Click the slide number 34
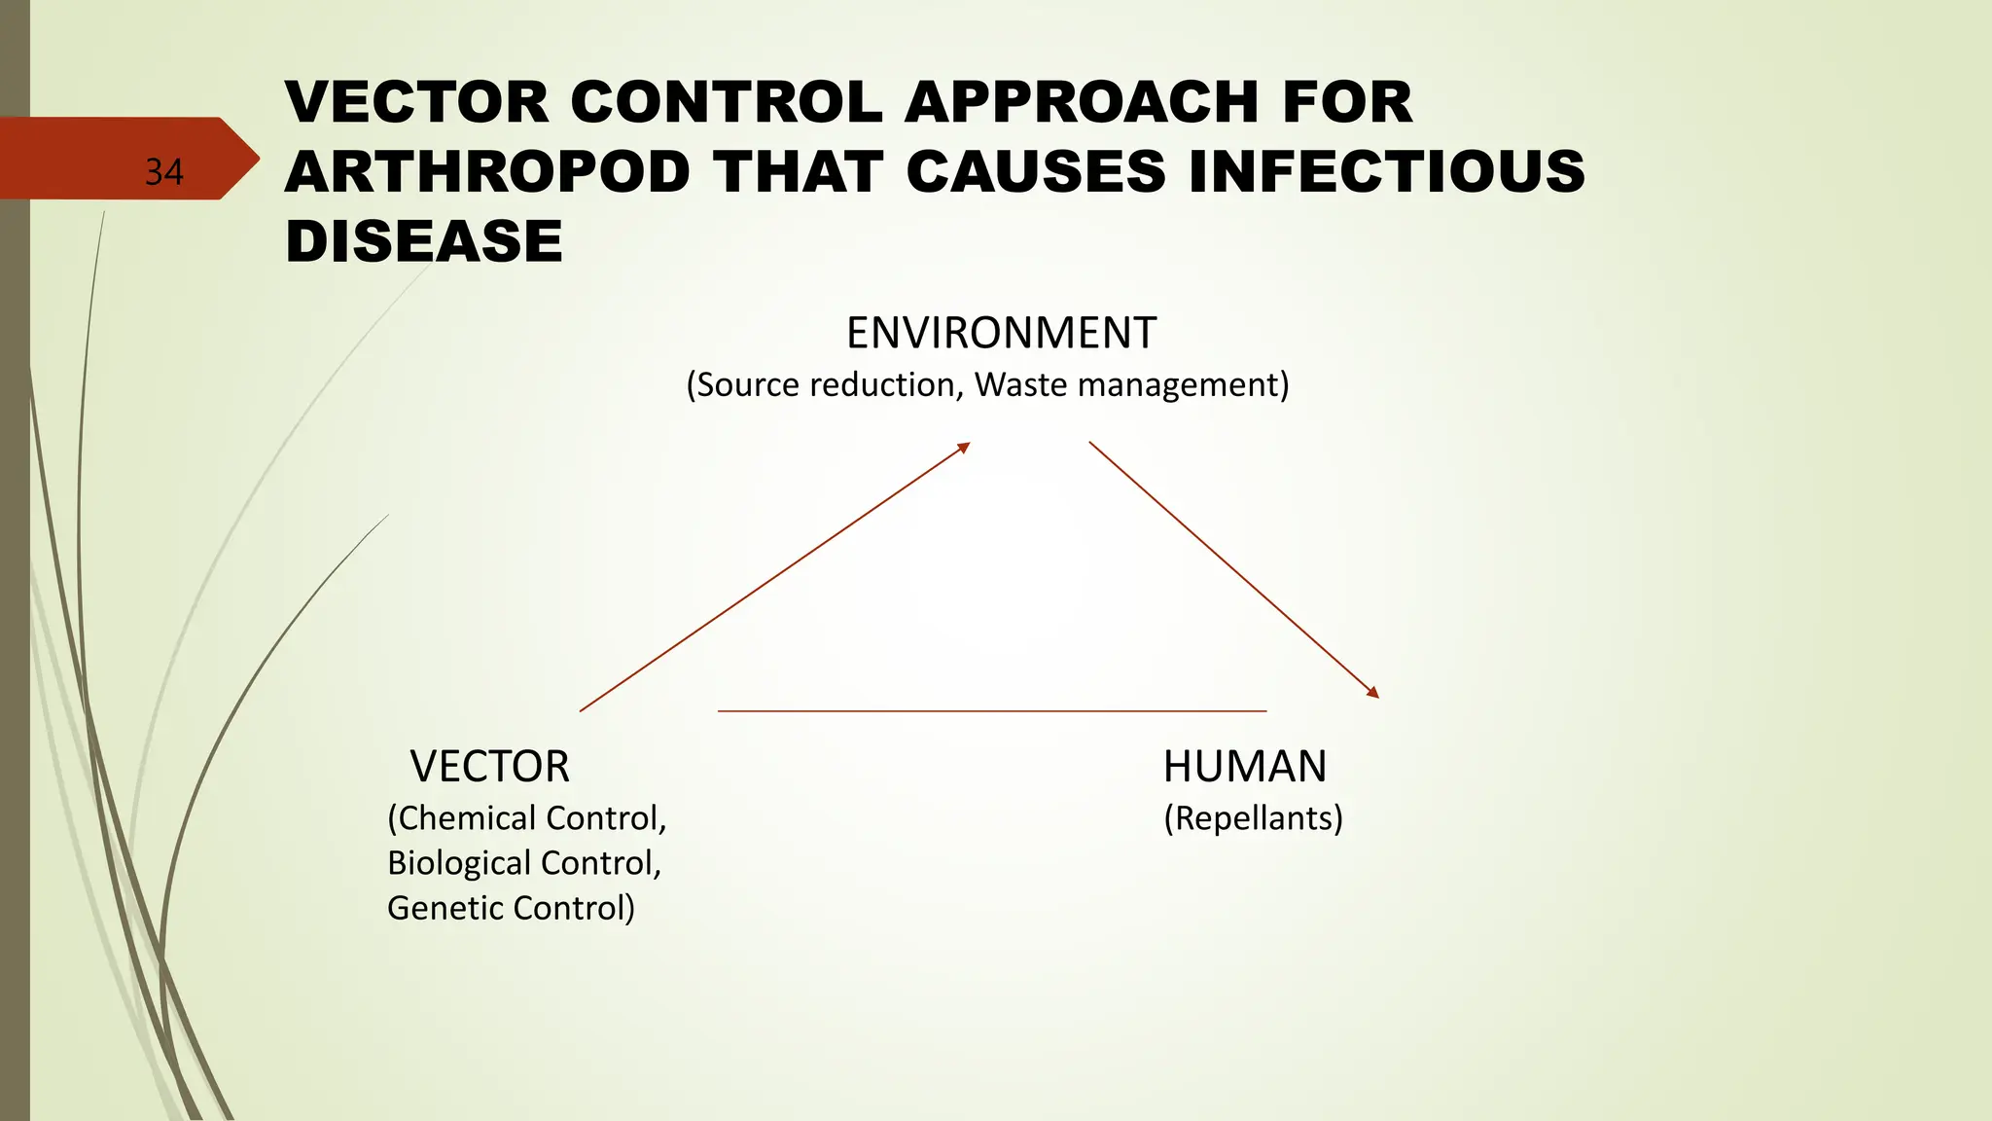163,172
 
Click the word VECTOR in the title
417,102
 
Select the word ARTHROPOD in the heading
487,172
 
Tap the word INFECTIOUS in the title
1387,172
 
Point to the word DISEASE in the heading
424,241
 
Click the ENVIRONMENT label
1001,333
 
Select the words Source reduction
826,385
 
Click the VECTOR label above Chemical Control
489,767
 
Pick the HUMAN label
1245,767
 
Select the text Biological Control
524,863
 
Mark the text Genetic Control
510,908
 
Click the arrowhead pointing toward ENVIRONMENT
964,447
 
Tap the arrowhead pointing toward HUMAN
1373,693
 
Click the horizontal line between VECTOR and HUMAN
991,711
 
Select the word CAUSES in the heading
1036,172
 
